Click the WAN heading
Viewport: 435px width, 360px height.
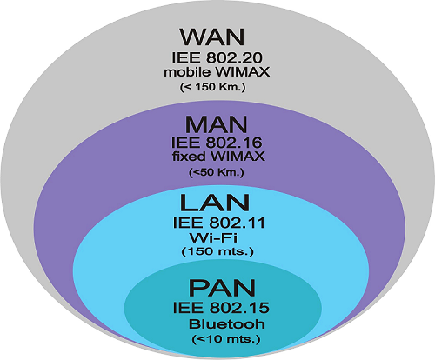click(x=212, y=37)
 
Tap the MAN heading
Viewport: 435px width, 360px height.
click(x=217, y=124)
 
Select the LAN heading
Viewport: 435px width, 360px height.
click(x=215, y=203)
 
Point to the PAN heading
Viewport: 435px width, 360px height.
click(x=222, y=288)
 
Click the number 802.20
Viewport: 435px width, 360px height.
click(x=235, y=58)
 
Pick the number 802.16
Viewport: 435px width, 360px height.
click(x=234, y=143)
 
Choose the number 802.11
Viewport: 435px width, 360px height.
click(x=237, y=223)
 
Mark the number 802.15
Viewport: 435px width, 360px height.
click(x=239, y=308)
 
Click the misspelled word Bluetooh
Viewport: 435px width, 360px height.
click(x=227, y=324)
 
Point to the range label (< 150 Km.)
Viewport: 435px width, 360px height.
click(x=212, y=87)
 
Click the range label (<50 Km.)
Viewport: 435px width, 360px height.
click(x=217, y=172)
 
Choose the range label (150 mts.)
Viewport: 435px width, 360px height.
click(x=217, y=251)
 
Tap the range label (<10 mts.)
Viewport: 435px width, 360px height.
click(x=226, y=338)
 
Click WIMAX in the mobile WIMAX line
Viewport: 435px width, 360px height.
click(x=242, y=72)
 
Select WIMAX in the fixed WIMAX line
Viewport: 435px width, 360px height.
click(x=238, y=157)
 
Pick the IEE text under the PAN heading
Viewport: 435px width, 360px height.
click(x=188, y=308)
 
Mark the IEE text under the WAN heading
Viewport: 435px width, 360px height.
click(x=186, y=58)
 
